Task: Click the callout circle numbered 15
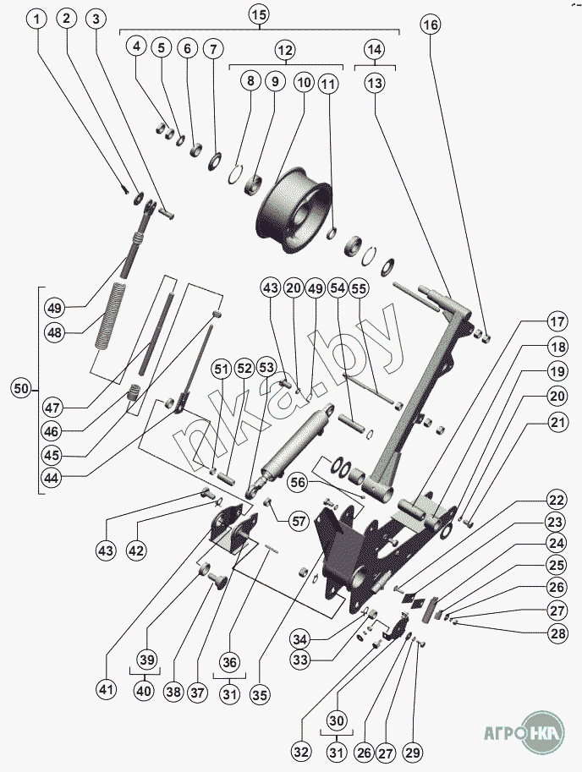259,14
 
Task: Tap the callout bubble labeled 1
37,19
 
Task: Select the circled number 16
431,25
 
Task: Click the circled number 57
299,521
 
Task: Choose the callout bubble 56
298,482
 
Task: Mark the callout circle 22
557,501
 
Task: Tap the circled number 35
260,694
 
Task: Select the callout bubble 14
375,49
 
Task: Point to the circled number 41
106,689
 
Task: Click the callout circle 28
558,633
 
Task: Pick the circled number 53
266,369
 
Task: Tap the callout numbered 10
304,82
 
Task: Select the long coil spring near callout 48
113,316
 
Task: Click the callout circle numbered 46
52,432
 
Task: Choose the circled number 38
173,693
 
